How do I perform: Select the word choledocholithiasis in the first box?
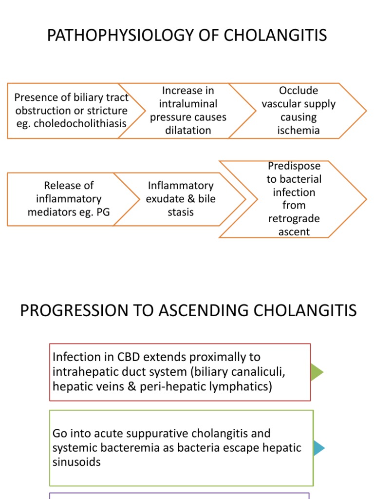[x=78, y=123]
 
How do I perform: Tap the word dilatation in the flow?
[x=188, y=130]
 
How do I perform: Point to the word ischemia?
[x=298, y=130]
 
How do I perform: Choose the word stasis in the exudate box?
[x=181, y=212]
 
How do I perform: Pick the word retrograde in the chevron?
[x=294, y=219]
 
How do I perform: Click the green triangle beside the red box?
[x=316, y=372]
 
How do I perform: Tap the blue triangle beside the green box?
[x=318, y=448]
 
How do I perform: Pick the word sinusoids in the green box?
[x=76, y=461]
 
